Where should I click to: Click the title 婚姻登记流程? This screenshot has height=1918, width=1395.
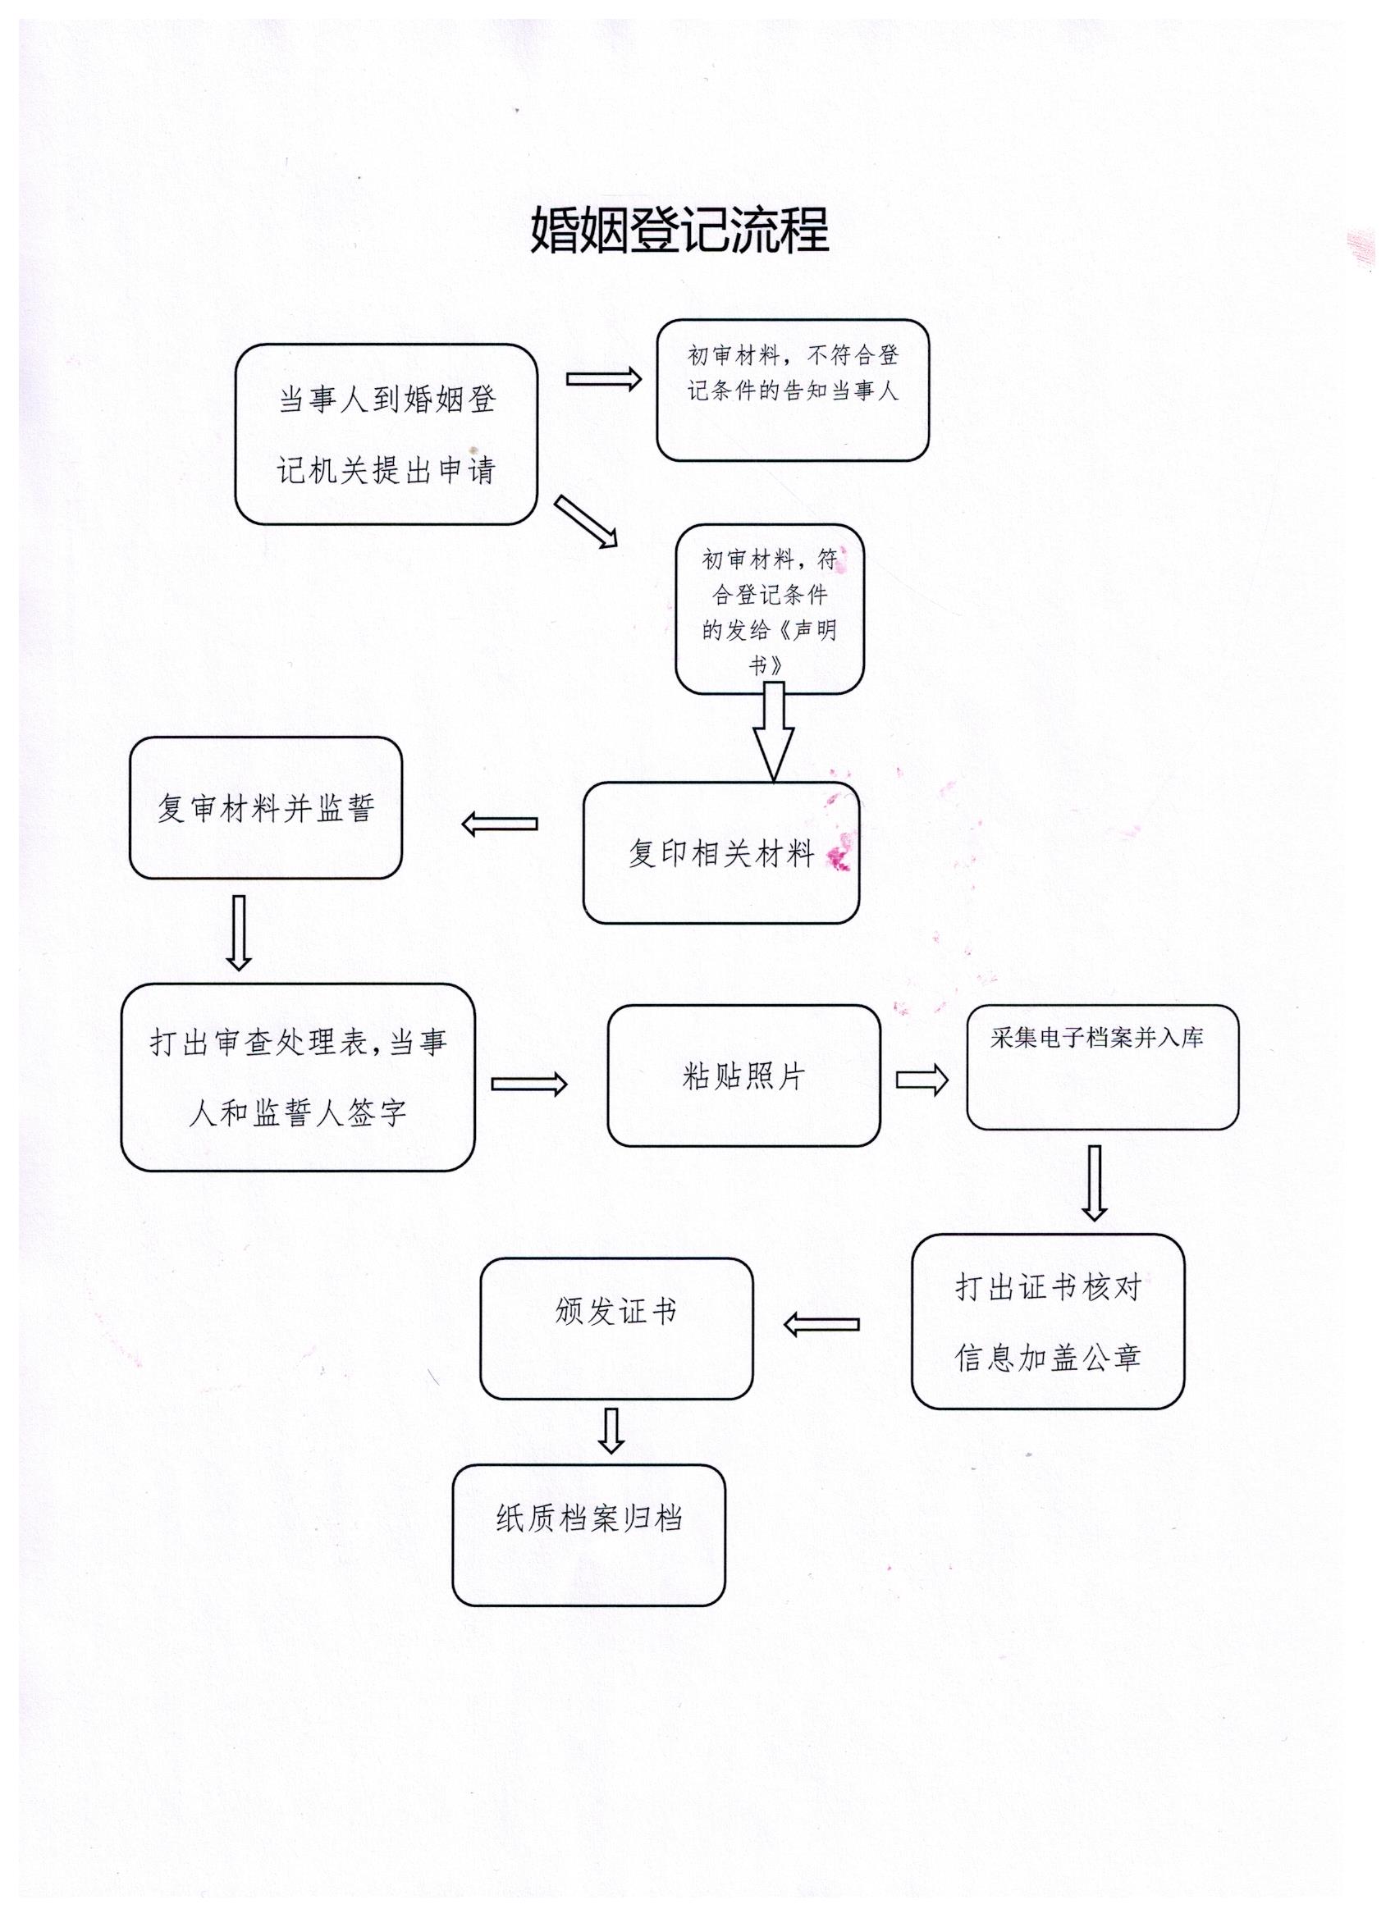679,230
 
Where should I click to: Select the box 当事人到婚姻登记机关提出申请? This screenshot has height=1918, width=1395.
386,434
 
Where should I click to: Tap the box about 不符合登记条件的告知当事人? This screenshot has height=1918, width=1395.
793,390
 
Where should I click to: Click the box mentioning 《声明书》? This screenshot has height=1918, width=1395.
769,609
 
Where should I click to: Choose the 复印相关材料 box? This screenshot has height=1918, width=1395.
720,852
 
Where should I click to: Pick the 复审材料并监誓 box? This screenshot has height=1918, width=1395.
265,807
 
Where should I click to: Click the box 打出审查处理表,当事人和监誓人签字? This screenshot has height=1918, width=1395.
298,1076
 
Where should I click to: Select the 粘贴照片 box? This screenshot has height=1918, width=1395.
743,1075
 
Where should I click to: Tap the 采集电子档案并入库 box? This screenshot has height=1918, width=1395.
1102,1067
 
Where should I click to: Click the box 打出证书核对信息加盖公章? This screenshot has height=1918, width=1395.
1047,1322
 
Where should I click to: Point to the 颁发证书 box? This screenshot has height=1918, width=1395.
616,1328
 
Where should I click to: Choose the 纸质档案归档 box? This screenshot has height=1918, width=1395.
589,1535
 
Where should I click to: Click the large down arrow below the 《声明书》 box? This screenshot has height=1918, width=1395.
773,732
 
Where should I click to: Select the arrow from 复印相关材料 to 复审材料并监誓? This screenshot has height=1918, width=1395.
500,824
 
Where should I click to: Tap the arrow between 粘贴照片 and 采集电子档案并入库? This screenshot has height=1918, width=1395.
922,1079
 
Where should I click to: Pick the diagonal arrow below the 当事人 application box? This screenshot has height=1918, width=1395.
585,523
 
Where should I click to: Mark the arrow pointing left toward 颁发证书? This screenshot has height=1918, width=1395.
821,1324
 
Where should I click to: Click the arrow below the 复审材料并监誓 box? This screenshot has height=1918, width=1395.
240,932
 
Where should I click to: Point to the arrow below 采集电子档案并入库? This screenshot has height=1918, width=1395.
1095,1183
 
